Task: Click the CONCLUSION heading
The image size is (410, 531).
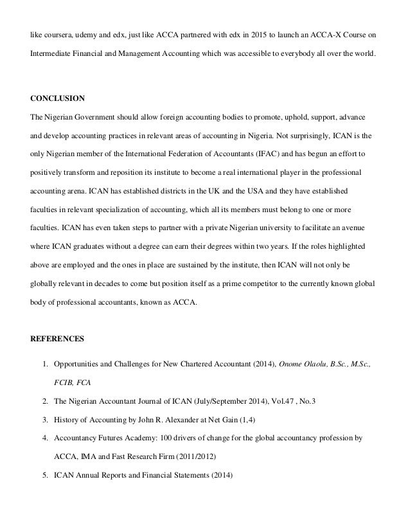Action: tap(58, 100)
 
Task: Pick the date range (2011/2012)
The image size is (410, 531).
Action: tap(194, 457)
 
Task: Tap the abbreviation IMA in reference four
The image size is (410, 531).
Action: tap(84, 457)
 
